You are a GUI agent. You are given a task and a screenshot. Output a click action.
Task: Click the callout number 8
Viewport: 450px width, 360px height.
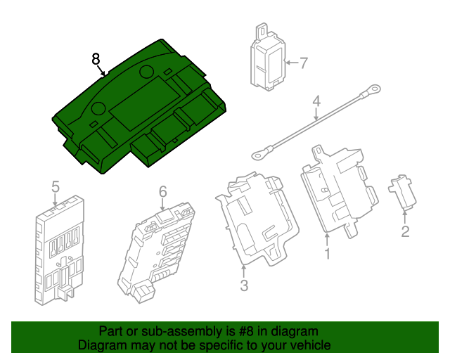(x=96, y=59)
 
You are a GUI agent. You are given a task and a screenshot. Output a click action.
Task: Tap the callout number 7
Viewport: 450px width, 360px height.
(x=304, y=63)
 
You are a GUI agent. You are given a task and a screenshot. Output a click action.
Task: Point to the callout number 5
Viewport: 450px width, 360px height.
(x=56, y=186)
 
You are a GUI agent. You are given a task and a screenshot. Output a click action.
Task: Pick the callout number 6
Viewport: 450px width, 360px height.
(x=162, y=191)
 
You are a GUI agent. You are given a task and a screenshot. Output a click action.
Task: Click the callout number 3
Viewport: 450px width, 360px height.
(x=244, y=285)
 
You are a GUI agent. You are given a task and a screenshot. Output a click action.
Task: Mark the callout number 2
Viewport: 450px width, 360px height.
(x=405, y=231)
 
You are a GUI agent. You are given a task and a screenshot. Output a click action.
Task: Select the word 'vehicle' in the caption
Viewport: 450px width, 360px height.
(x=310, y=345)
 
